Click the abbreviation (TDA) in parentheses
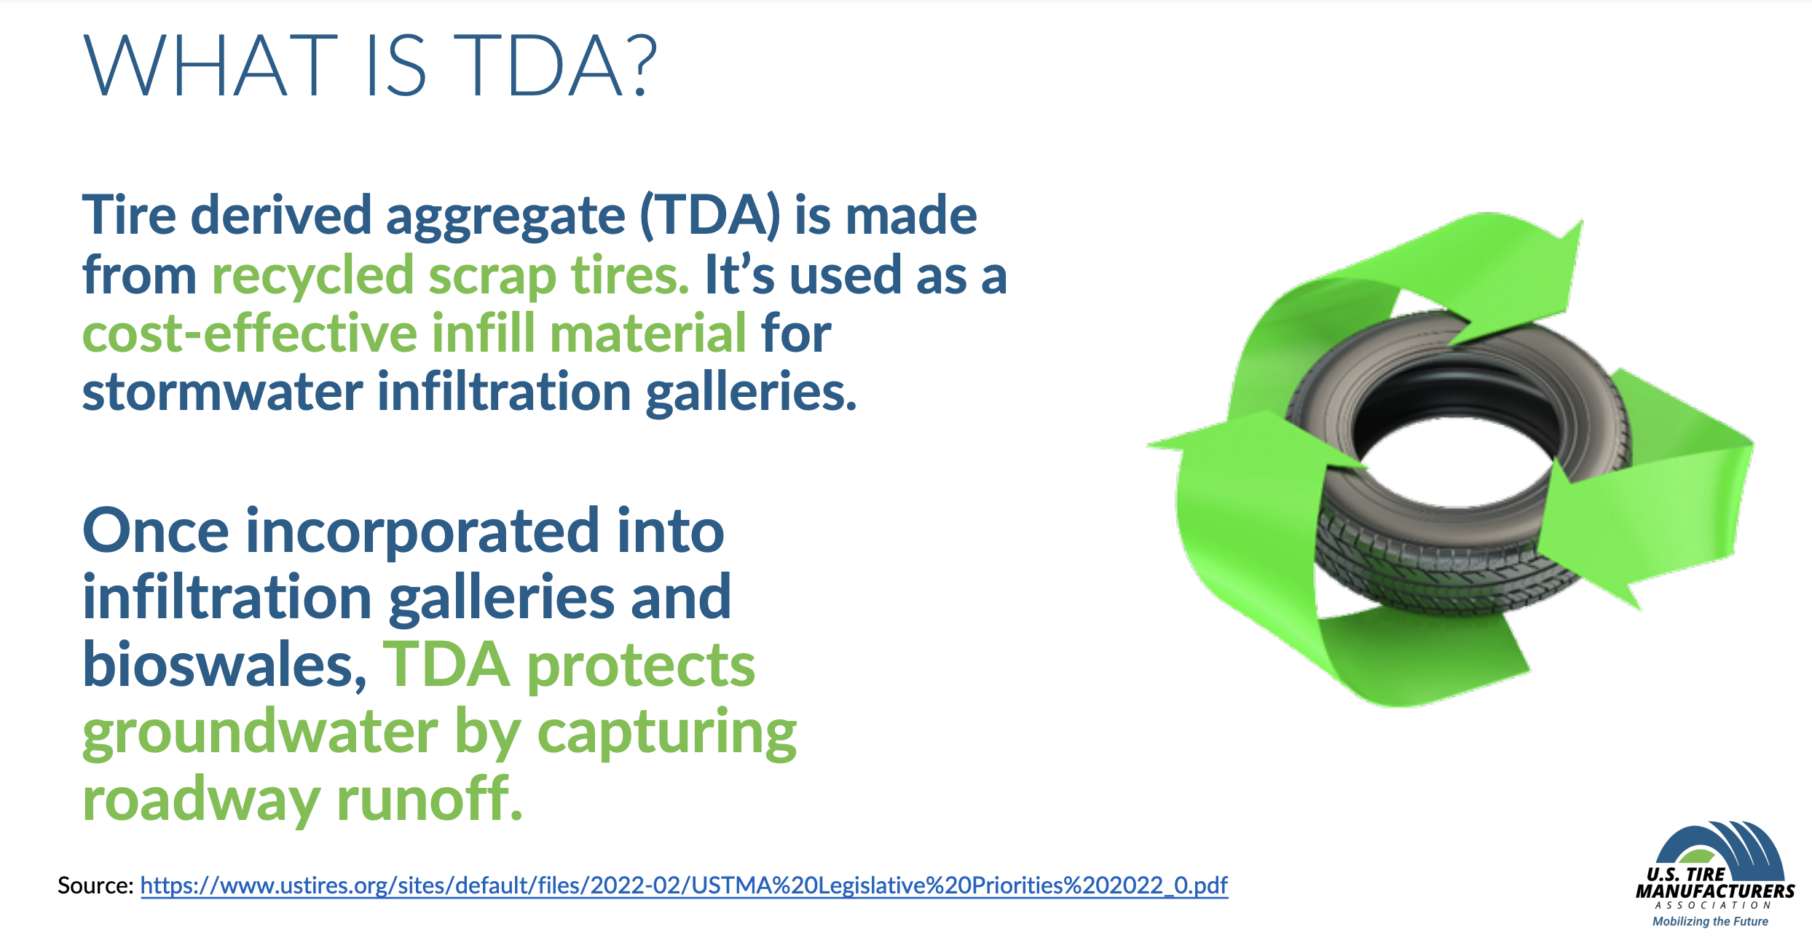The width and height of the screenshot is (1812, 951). tap(710, 216)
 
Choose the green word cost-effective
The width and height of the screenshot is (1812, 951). tap(250, 334)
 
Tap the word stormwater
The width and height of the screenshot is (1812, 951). tap(222, 392)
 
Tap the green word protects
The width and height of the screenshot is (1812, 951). tap(642, 667)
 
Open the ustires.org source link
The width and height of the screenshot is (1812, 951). tap(684, 885)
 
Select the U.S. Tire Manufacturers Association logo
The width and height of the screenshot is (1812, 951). tap(1715, 874)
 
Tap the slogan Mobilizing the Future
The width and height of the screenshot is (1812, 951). tap(1710, 921)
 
